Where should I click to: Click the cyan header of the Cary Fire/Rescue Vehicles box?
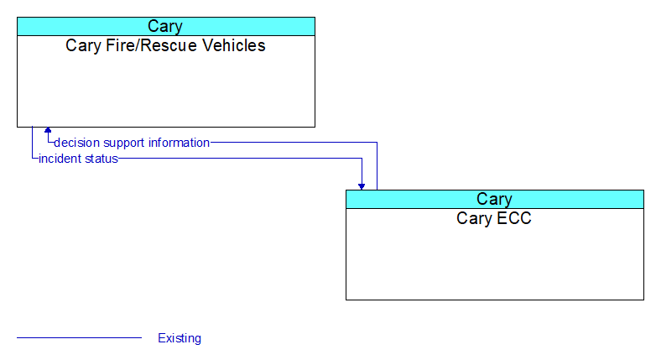point(166,26)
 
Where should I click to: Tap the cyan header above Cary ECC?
point(495,199)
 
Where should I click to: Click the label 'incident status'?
point(78,159)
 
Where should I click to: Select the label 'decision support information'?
point(132,143)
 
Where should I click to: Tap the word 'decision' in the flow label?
point(76,143)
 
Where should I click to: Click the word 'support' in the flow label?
point(124,143)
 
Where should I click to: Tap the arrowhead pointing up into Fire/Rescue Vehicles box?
point(48,130)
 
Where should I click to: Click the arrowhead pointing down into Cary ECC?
point(362,186)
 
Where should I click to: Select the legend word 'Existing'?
point(180,338)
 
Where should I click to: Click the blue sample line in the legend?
point(79,338)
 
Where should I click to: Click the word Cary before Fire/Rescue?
point(84,46)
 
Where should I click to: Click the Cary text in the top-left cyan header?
point(165,27)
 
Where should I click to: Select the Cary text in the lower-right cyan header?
point(494,200)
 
